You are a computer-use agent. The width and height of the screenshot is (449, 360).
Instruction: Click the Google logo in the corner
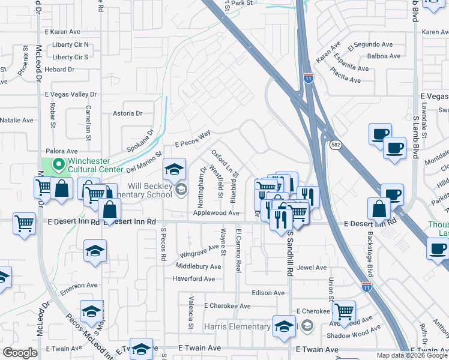point(20,353)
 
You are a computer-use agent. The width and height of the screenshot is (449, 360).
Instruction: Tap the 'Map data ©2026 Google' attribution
point(411,355)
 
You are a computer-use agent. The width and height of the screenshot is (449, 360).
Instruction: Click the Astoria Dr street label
point(127,113)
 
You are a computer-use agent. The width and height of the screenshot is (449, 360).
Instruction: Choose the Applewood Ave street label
point(216,213)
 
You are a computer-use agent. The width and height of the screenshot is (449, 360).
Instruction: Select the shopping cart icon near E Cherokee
point(344,311)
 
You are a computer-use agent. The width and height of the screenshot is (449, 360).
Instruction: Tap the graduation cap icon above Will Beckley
point(174,169)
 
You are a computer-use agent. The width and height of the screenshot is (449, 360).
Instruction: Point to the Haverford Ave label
point(193,279)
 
